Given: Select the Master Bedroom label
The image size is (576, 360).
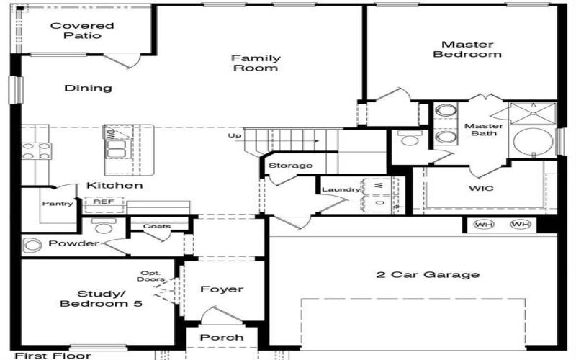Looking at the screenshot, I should pyautogui.click(x=472, y=49).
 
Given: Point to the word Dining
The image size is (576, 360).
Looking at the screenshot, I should pyautogui.click(x=89, y=88).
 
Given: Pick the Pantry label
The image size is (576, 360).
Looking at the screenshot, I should pyautogui.click(x=58, y=204).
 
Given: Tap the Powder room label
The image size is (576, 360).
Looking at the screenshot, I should pyautogui.click(x=73, y=243).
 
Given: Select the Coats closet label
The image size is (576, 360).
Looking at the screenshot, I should pyautogui.click(x=156, y=226).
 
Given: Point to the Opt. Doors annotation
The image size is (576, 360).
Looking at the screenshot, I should pyautogui.click(x=153, y=276).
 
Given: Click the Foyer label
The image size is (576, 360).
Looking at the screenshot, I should pyautogui.click(x=221, y=289).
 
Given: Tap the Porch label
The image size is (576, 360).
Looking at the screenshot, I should pyautogui.click(x=221, y=337).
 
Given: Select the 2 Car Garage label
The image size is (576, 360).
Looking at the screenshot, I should pyautogui.click(x=428, y=274).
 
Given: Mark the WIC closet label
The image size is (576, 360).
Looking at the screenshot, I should pyautogui.click(x=482, y=189).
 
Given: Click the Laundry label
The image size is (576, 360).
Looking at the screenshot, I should pyautogui.click(x=341, y=189).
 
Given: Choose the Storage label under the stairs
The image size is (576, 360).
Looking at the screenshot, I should pyautogui.click(x=291, y=166).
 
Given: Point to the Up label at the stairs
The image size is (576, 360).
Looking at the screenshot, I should pyautogui.click(x=234, y=135).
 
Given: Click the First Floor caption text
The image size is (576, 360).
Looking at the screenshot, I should pyautogui.click(x=53, y=355).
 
